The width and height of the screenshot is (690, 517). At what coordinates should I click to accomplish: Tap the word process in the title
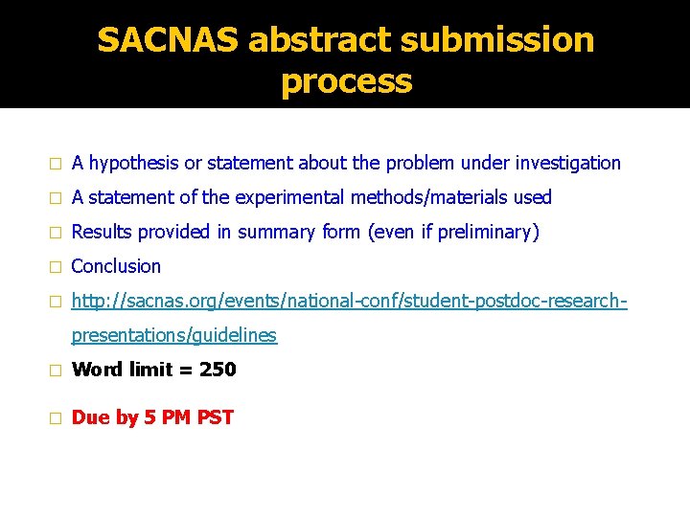[x=346, y=81]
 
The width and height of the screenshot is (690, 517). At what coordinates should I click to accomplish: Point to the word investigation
[x=568, y=164]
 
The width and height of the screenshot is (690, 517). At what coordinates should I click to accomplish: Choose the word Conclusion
[x=116, y=266]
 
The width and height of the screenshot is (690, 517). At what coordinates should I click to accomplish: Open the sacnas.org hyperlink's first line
[x=349, y=301]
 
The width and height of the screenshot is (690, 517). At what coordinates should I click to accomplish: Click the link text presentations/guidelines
[x=174, y=335]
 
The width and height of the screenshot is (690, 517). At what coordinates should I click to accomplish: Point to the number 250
[x=218, y=370]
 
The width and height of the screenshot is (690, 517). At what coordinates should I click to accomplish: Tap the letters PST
[x=215, y=417]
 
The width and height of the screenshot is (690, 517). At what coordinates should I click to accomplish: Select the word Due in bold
[x=91, y=417]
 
